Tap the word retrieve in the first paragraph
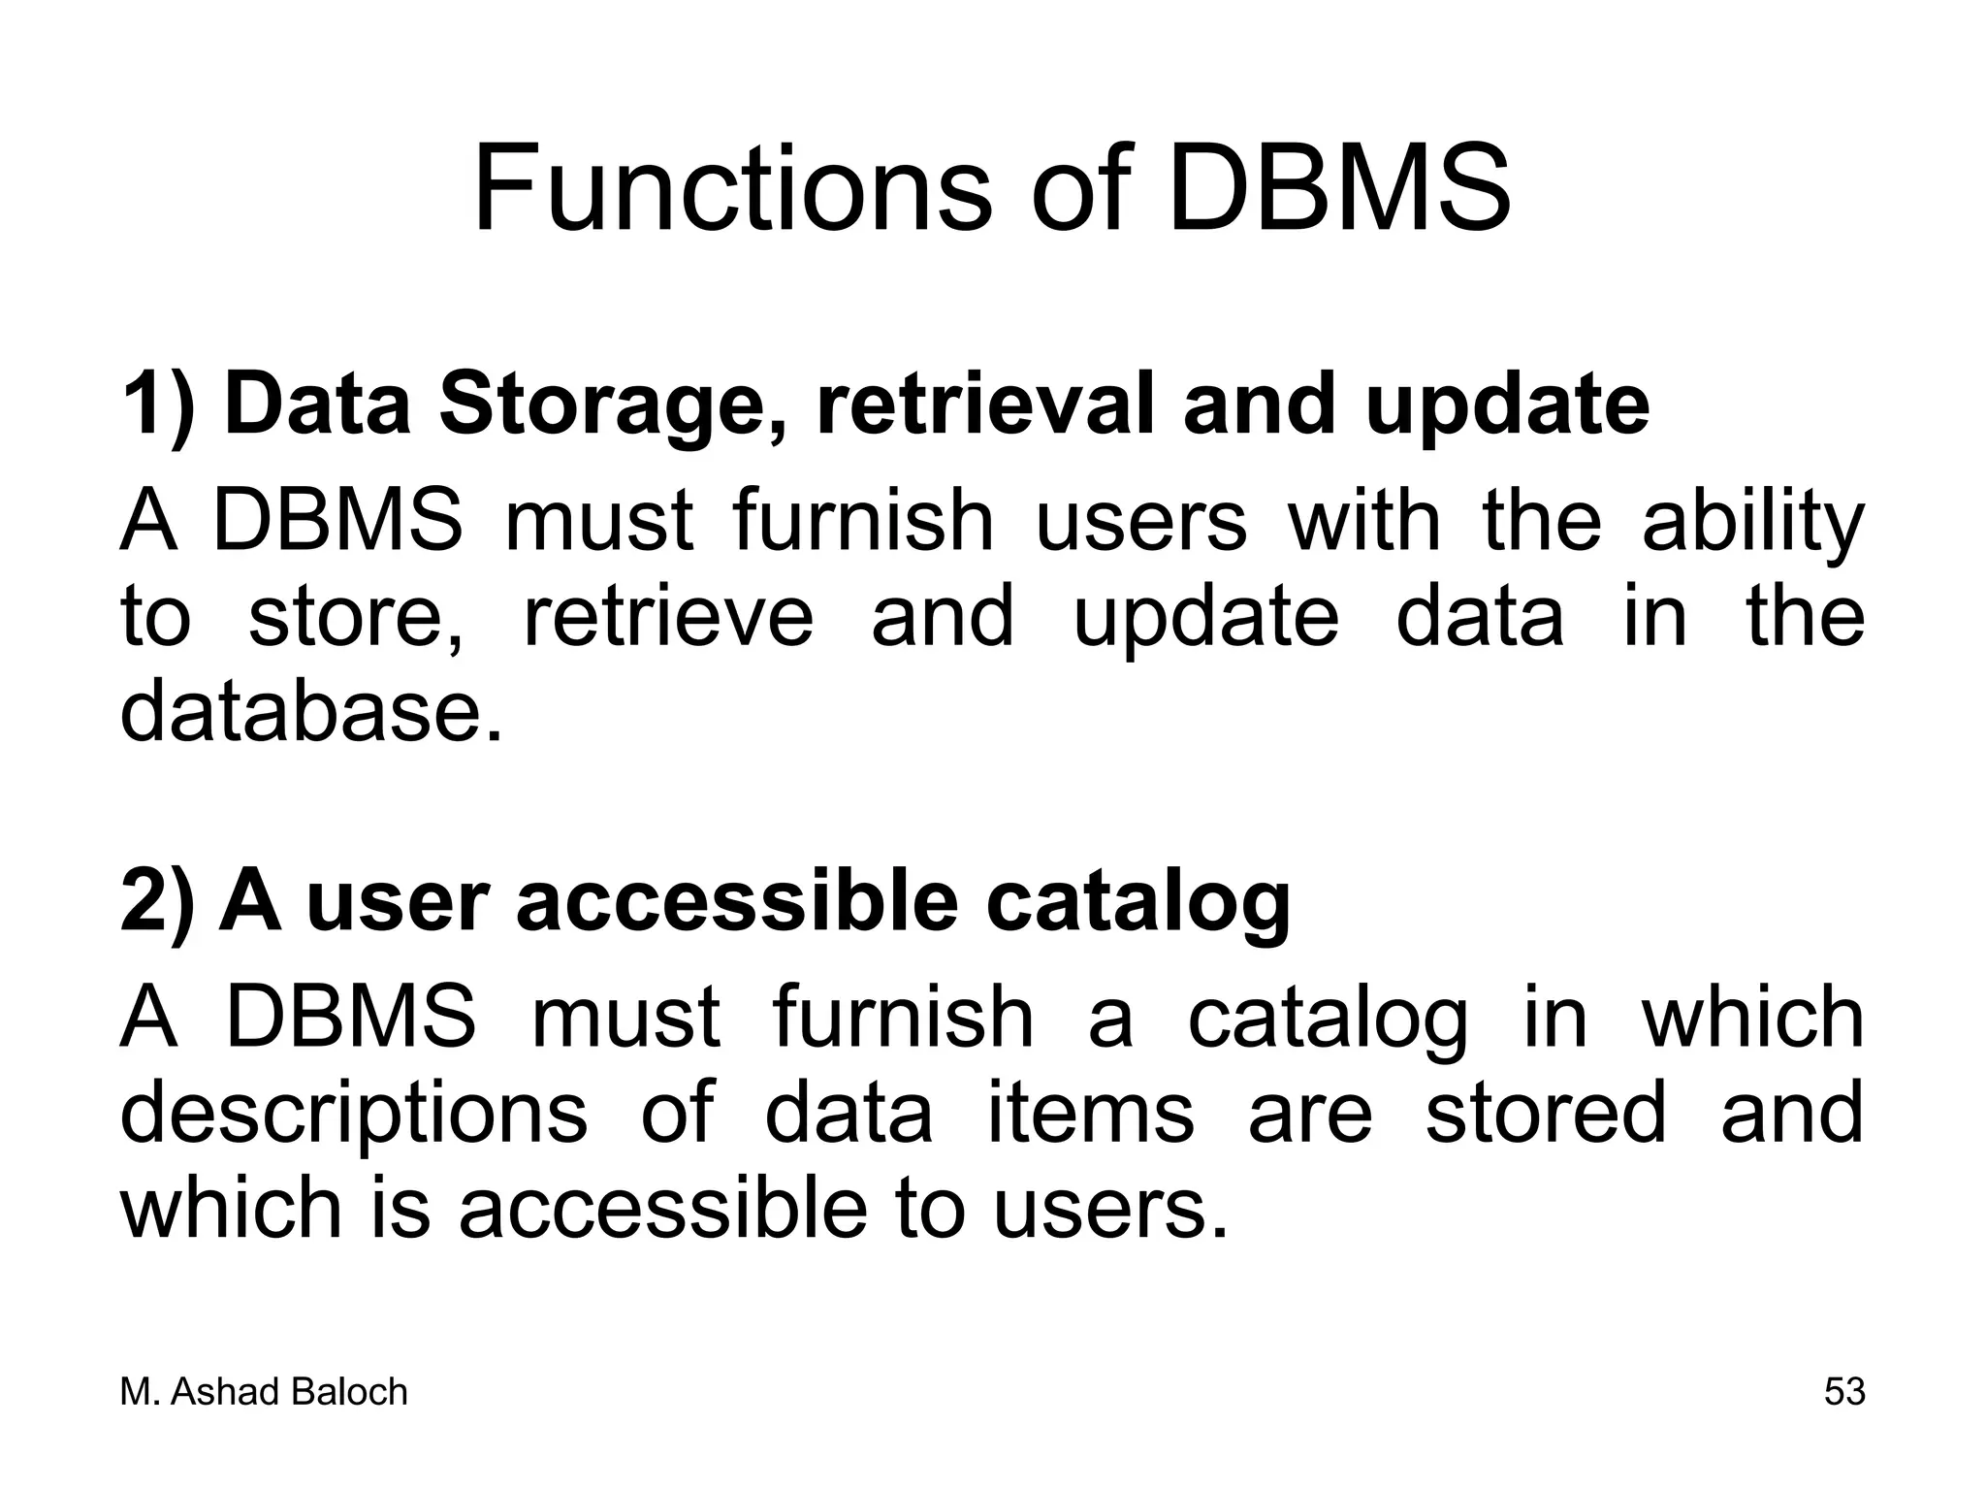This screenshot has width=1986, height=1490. [x=668, y=618]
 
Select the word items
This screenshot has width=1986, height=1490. [x=1090, y=1113]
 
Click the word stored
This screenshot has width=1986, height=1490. [x=1546, y=1113]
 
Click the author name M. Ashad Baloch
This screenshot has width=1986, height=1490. [x=264, y=1392]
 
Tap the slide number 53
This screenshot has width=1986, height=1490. [x=1844, y=1392]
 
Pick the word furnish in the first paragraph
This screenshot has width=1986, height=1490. [x=864, y=522]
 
